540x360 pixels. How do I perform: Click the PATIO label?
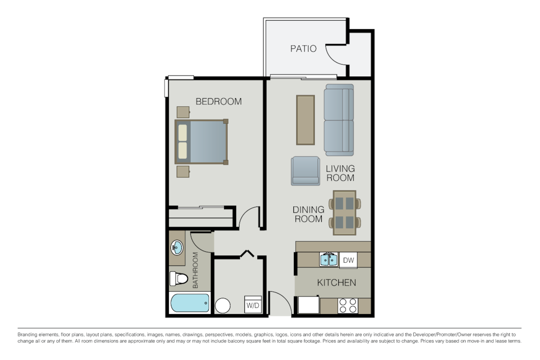point(303,49)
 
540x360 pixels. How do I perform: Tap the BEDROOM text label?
point(218,102)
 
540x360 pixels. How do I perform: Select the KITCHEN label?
point(337,283)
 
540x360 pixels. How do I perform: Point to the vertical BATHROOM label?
point(196,270)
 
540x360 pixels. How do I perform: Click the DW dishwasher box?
point(348,260)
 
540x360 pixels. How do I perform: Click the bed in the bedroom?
point(201,142)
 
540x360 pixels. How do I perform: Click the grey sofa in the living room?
point(339,120)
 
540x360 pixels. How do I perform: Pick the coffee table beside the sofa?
point(305,120)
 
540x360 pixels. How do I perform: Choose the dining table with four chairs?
point(344,212)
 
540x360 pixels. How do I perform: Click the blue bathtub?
point(190,303)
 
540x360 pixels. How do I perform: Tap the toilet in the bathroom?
point(178,279)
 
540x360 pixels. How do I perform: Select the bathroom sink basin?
point(176,247)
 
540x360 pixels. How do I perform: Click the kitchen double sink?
point(329,260)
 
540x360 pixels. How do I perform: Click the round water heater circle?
point(222,306)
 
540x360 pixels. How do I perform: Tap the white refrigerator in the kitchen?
point(308,305)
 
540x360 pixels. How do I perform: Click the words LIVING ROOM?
point(340,173)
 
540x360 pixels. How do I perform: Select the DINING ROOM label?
point(308,214)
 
